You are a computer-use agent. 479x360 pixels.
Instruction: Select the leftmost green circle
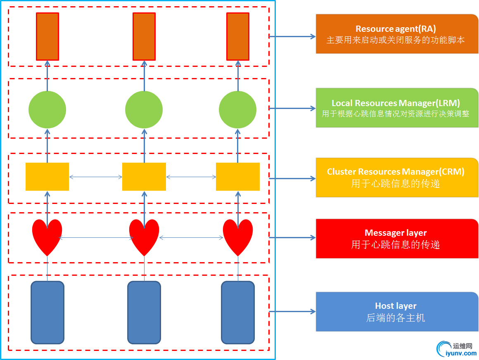click(47, 110)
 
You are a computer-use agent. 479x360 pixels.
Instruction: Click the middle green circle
click(144, 110)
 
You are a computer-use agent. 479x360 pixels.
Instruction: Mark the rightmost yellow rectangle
click(238, 177)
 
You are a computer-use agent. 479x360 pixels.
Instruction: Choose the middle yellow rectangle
click(144, 177)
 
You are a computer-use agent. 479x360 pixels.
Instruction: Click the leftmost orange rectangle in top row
click(47, 36)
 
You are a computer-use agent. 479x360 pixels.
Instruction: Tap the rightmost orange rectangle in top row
click(238, 36)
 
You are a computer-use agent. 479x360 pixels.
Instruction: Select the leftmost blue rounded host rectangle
click(47, 313)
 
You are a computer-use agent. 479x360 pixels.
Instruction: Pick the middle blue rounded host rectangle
click(144, 313)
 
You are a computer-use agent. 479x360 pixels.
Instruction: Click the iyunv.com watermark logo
click(456, 349)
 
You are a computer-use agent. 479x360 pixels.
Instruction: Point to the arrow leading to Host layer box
click(292, 311)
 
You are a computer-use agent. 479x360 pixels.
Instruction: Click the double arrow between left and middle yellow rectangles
click(95, 177)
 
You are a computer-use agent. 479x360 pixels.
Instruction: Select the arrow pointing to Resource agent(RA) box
click(292, 36)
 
